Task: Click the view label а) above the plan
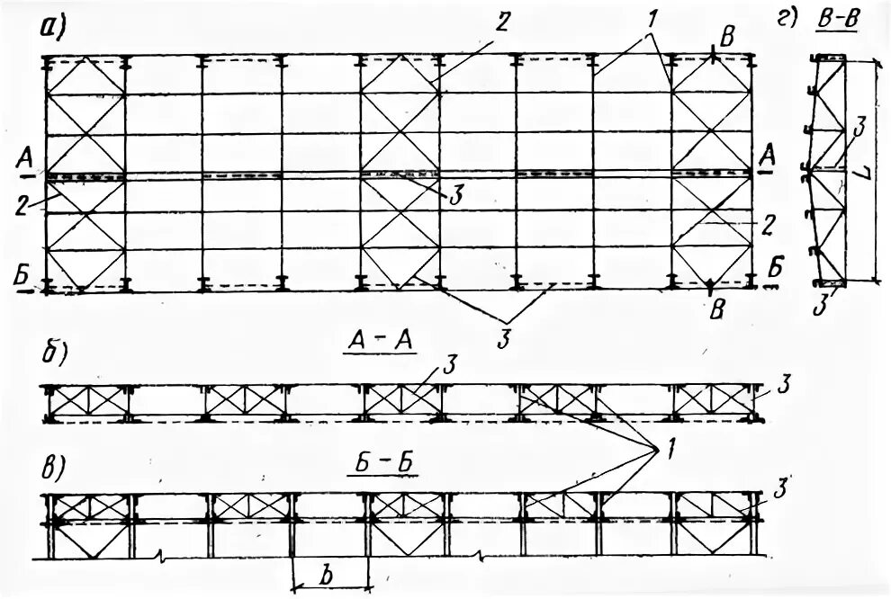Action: point(53,28)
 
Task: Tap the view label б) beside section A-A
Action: point(53,353)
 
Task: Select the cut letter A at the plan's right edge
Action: point(767,153)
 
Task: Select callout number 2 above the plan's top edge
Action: point(501,23)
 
